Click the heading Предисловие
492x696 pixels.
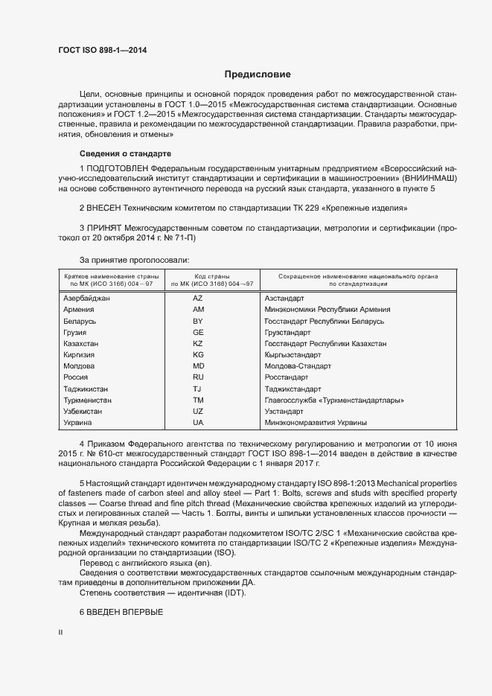point(258,74)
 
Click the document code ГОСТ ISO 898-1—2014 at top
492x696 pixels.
point(102,50)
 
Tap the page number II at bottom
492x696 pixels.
point(60,632)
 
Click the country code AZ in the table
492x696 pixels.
point(198,298)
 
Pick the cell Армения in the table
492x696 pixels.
point(79,309)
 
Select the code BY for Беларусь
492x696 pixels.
point(198,321)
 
